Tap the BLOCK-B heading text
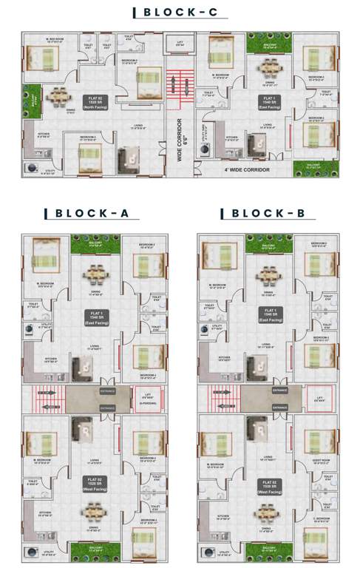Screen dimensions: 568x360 coord(265,214)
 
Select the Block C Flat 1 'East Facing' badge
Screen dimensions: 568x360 coord(267,101)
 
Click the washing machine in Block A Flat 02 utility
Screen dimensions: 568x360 coord(32,552)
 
